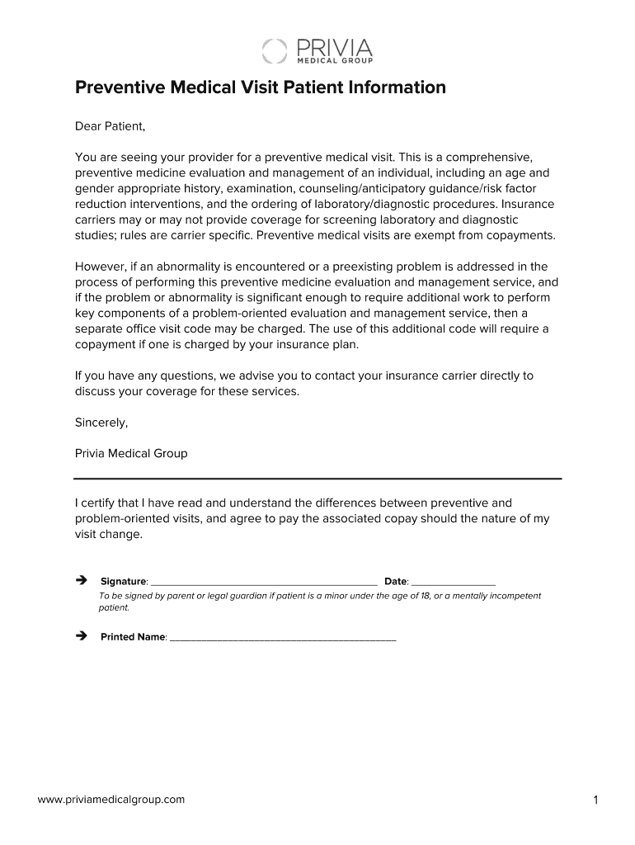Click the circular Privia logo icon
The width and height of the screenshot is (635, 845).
(x=275, y=50)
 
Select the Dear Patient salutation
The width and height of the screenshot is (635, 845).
(x=110, y=126)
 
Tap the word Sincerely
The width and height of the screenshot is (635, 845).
(x=101, y=422)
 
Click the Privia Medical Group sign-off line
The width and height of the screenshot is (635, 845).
(x=131, y=453)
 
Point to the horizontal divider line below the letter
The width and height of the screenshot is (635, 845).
(x=317, y=479)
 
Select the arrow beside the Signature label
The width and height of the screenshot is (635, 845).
(x=81, y=581)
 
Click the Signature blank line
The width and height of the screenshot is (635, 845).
(x=264, y=583)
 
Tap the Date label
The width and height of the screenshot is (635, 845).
(x=396, y=582)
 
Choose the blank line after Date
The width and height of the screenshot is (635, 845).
(x=453, y=583)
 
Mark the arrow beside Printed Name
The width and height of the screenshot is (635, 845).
(x=81, y=636)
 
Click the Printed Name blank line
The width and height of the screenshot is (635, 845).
(x=282, y=638)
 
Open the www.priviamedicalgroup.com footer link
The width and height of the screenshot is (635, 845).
(x=111, y=799)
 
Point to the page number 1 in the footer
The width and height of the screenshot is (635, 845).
(x=595, y=800)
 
